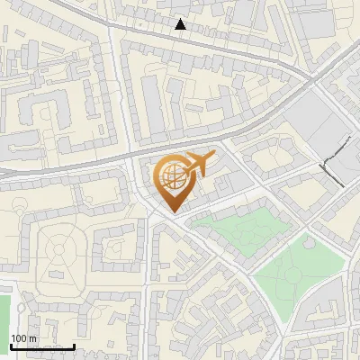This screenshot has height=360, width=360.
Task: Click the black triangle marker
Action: [181, 24]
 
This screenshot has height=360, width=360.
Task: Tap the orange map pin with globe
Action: [171, 184]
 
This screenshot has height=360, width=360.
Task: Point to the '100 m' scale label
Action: [23, 338]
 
